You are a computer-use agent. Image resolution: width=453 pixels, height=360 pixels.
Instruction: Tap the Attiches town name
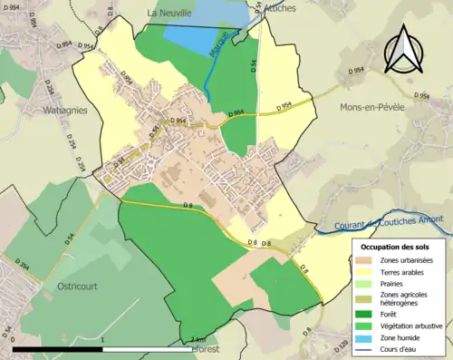[268, 6]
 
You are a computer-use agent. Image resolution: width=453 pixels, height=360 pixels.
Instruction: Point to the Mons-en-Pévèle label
[371, 107]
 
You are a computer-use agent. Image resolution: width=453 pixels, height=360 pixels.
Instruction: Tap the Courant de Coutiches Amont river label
[383, 224]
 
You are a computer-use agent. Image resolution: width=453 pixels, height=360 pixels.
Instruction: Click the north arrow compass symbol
[403, 50]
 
